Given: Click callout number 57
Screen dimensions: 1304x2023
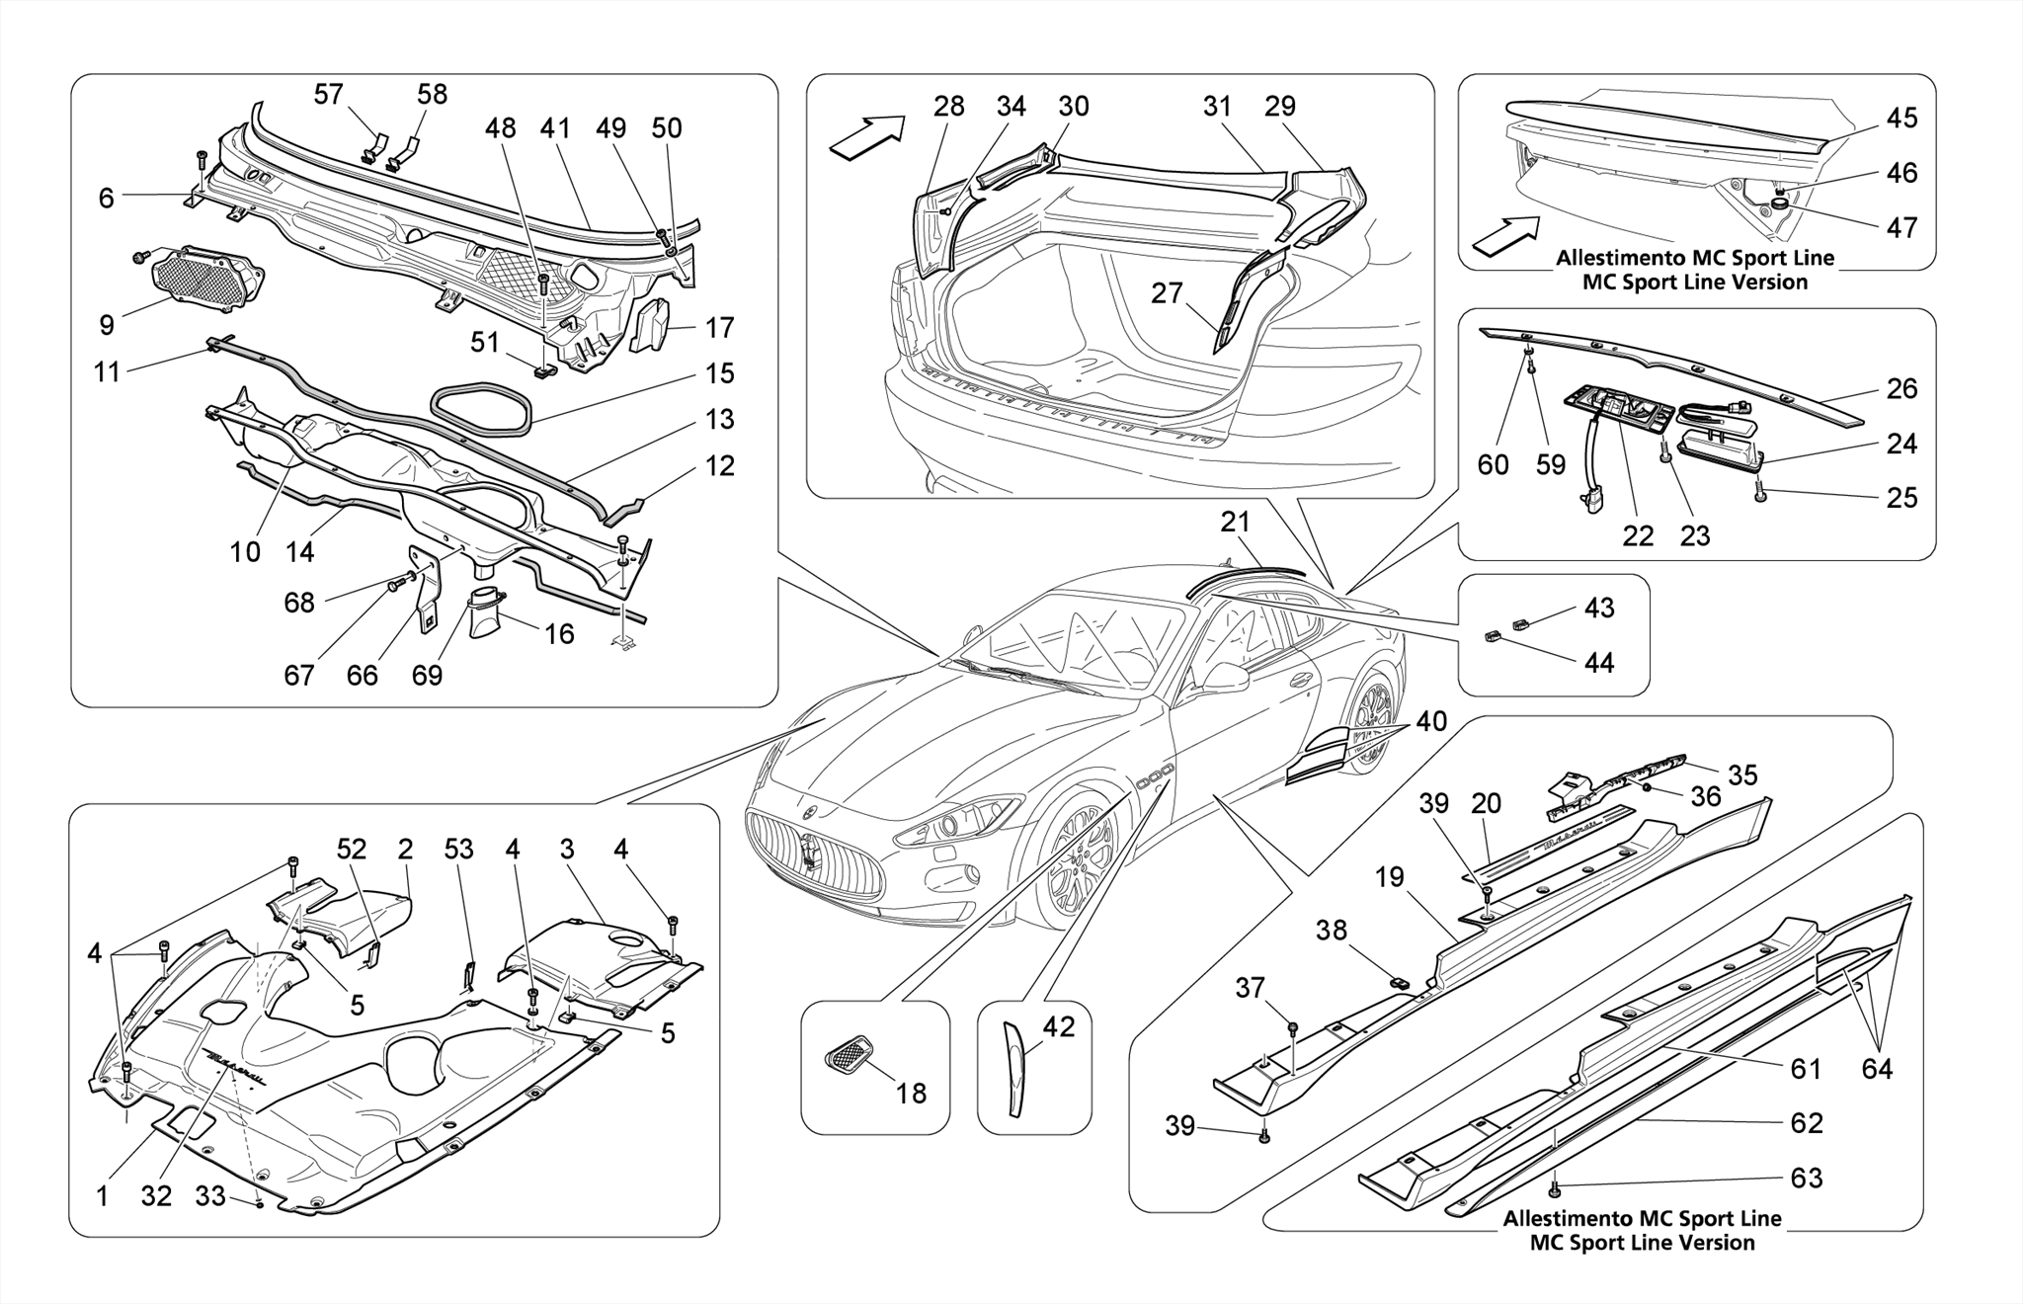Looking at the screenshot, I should click(328, 95).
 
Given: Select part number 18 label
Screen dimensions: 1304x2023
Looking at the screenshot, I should click(911, 1093).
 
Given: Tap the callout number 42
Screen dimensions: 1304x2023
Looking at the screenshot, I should click(1059, 1027).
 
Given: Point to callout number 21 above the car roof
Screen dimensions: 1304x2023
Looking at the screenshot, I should click(1235, 523).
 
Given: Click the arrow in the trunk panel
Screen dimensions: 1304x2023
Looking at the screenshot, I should click(866, 136).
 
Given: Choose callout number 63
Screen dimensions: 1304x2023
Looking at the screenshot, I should click(1806, 1178).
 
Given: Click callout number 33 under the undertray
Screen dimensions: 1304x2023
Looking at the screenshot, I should click(210, 1196).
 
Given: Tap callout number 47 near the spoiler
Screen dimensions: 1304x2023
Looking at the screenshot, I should click(1901, 227).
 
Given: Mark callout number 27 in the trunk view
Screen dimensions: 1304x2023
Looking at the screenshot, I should click(1167, 293).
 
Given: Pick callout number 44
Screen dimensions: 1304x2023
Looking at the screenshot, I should click(1598, 662).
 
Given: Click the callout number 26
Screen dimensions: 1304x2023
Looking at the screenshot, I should click(1901, 389).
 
